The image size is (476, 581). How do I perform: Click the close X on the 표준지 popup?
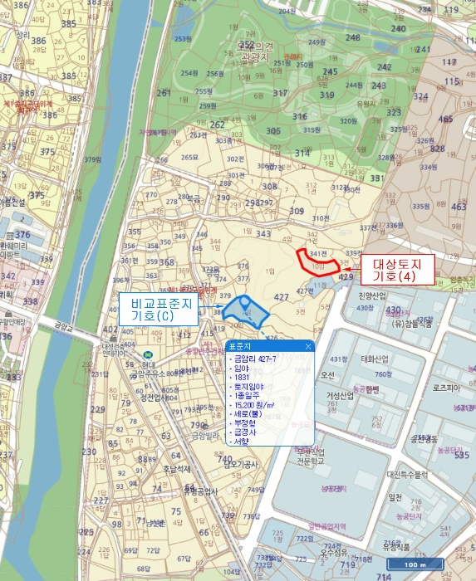[308, 346]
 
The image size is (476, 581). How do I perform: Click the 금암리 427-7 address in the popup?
[258, 359]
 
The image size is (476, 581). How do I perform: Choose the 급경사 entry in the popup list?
[245, 432]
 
